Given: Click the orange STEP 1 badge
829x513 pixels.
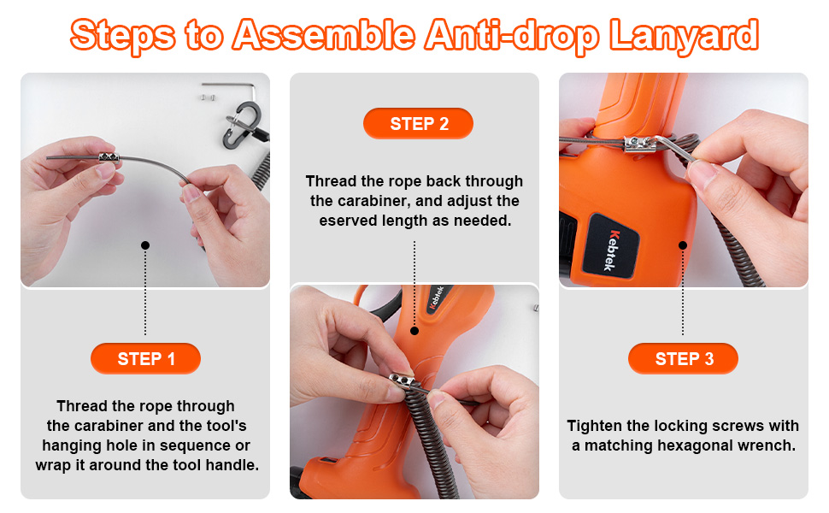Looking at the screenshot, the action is tap(145, 358).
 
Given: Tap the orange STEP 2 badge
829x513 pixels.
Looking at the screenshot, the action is tap(418, 124).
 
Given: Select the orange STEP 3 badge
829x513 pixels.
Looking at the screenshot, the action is tap(683, 358).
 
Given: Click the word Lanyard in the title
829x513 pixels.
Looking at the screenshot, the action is tap(684, 36).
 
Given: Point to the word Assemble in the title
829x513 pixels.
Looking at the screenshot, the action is tap(324, 35).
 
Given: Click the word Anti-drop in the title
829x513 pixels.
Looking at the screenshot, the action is tap(512, 36).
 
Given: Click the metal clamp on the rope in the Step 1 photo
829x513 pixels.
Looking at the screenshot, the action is tap(109, 157).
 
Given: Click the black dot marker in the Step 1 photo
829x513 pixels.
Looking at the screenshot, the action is tap(145, 245).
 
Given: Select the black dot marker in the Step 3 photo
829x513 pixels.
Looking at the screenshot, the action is tap(683, 245).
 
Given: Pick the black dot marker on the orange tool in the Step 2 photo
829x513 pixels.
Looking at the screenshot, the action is tap(414, 331).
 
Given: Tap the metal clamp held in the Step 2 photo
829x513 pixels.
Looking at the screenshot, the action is tap(403, 380).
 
